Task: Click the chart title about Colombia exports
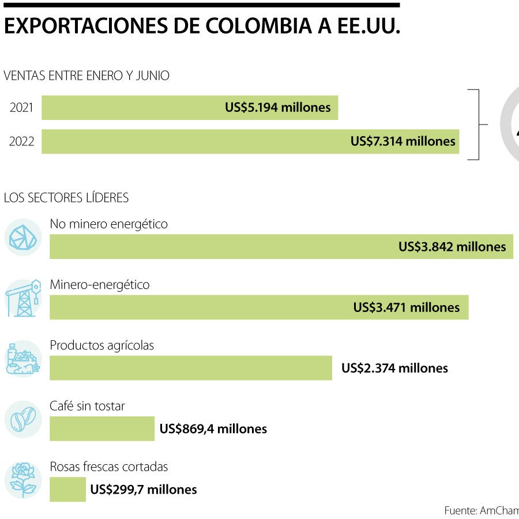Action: point(202,27)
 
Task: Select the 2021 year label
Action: point(21,108)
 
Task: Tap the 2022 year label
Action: point(21,142)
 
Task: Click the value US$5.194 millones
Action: point(277,107)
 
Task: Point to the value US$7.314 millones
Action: point(403,141)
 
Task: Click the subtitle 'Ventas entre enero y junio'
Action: point(86,76)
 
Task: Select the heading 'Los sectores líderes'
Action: point(66,198)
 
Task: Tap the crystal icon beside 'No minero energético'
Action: point(23,236)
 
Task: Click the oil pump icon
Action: point(23,298)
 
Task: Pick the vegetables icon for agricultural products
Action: point(23,359)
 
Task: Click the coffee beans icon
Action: point(23,419)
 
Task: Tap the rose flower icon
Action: point(23,480)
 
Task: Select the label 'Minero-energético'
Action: point(100,284)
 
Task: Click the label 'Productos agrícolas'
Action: point(102,345)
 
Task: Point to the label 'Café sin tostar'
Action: point(87,406)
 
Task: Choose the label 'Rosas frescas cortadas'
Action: point(109,467)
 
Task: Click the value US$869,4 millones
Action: point(213,429)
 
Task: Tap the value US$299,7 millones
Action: point(144,490)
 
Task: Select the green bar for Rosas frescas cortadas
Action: point(67,490)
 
